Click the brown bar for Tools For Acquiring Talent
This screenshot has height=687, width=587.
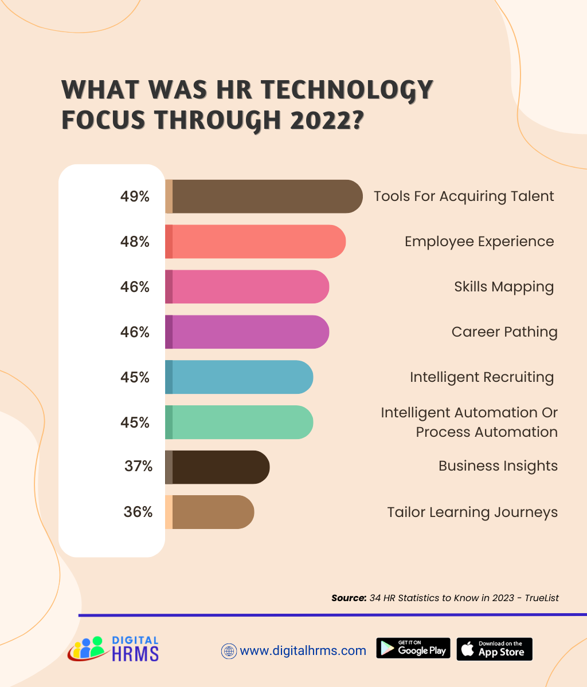pos(264,196)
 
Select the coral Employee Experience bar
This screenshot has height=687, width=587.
pos(255,242)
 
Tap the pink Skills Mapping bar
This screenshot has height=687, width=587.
pos(247,287)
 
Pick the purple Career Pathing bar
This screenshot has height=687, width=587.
pos(247,332)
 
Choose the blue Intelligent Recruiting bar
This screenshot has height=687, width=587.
pos(239,377)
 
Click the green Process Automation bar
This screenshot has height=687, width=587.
pos(239,423)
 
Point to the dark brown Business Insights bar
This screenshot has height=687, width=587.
pos(217,467)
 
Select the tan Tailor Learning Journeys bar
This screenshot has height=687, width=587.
pos(210,512)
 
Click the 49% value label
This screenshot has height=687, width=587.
pos(135,196)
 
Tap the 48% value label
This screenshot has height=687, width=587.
pos(135,242)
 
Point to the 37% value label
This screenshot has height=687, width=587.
pos(138,466)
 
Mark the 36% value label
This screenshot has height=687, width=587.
pos(138,512)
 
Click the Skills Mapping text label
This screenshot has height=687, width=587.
pos(504,287)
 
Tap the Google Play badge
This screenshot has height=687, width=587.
pos(413,648)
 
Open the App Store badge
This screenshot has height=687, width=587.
pos(495,649)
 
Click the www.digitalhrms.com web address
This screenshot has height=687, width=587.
pos(303,651)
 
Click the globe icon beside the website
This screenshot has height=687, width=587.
pos(229,651)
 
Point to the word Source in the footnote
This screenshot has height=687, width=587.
pos(349,598)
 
